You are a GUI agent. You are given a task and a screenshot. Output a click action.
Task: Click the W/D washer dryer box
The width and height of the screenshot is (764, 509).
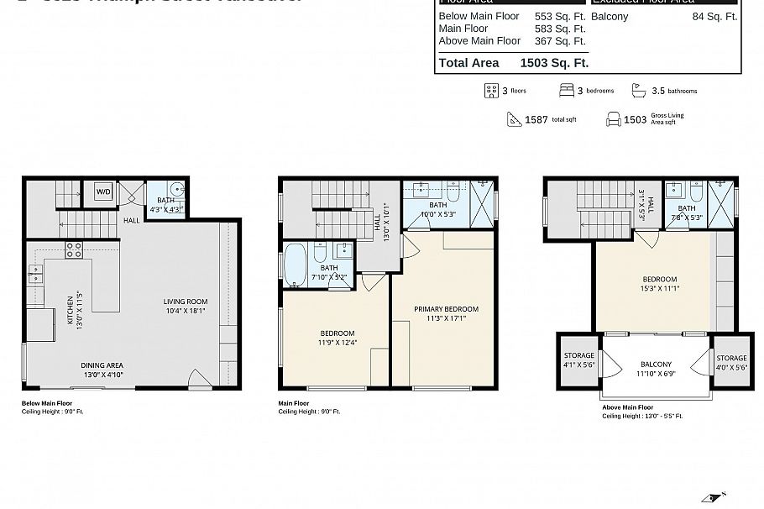click(x=103, y=192)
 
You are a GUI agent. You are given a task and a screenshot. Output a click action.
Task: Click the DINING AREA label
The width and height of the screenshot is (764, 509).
click(x=102, y=365)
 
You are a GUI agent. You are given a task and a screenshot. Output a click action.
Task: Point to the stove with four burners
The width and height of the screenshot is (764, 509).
click(x=74, y=249)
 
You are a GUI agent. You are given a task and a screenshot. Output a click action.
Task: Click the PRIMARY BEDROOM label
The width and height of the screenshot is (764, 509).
click(x=446, y=309)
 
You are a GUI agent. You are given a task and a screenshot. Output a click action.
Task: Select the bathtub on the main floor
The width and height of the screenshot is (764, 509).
click(x=295, y=264)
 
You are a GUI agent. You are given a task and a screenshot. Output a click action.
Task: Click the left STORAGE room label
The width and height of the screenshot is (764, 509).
click(x=578, y=357)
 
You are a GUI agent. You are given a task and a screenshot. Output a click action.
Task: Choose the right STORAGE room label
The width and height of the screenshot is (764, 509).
click(x=731, y=358)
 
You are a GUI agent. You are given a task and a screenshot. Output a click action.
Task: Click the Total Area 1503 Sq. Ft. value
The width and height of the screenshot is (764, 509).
click(x=554, y=63)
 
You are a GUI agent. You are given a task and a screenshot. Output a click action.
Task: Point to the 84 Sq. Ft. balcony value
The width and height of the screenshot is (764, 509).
click(x=714, y=16)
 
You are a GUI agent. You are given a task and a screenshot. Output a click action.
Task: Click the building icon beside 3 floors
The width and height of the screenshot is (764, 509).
click(x=492, y=91)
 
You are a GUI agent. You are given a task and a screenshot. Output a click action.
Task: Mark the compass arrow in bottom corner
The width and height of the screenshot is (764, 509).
click(x=714, y=497)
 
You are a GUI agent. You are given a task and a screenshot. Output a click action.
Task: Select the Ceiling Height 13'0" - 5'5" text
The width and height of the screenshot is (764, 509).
click(x=642, y=416)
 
